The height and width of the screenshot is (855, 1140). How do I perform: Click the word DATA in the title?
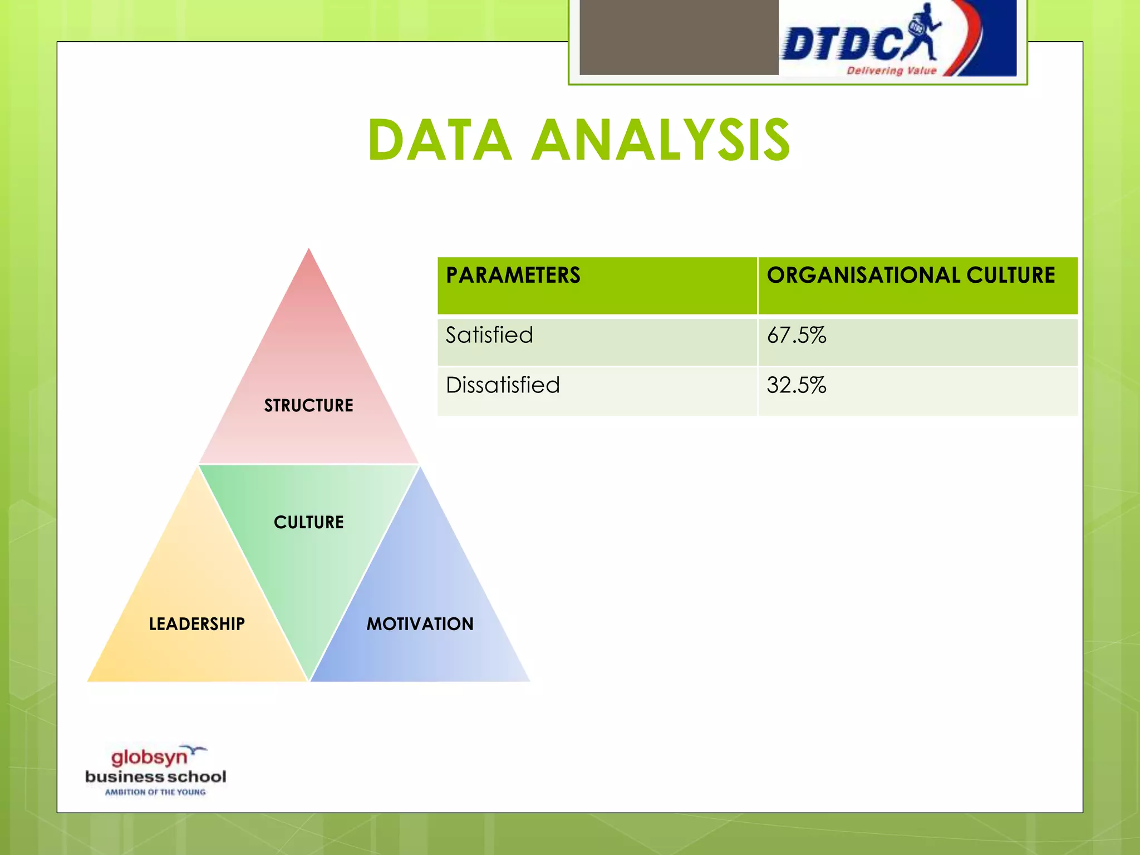click(x=440, y=140)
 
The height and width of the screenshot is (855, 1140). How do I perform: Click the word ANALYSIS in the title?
click(x=661, y=140)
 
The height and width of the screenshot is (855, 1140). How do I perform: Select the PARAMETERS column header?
click(x=513, y=276)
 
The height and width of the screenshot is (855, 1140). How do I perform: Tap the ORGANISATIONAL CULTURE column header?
click(x=911, y=276)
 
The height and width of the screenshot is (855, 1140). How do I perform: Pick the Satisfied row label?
click(x=489, y=335)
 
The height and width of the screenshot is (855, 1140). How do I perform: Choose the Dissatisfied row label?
click(x=503, y=385)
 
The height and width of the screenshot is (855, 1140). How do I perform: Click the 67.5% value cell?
click(x=797, y=335)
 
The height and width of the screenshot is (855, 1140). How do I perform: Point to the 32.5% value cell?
click(x=797, y=385)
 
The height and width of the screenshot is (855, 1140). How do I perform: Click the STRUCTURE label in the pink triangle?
click(x=308, y=405)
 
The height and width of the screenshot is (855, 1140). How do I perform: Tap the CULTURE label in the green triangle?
click(x=308, y=522)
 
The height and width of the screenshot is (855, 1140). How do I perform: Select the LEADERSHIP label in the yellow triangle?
click(x=196, y=624)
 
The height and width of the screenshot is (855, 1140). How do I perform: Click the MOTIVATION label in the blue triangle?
click(x=420, y=624)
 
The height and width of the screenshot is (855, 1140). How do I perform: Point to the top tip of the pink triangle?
click(x=309, y=252)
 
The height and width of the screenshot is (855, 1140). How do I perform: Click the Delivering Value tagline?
click(x=891, y=71)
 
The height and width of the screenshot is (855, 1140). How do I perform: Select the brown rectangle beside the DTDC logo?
click(x=679, y=37)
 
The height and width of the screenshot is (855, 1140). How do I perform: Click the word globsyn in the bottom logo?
click(x=149, y=758)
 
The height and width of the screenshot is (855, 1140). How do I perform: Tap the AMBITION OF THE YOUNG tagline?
click(x=155, y=792)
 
